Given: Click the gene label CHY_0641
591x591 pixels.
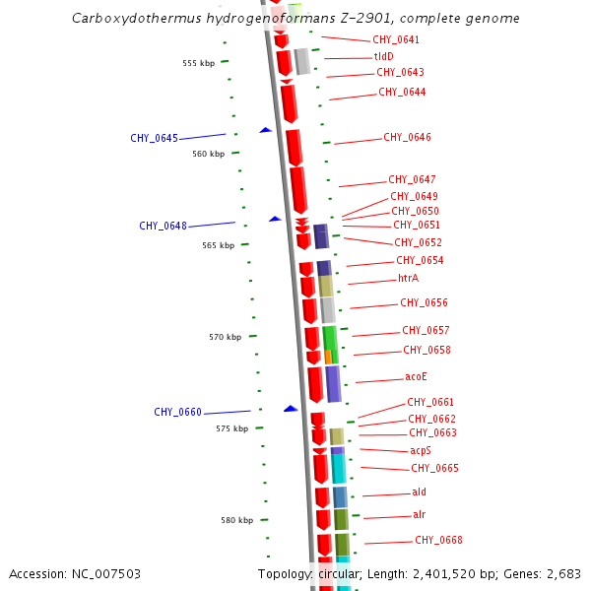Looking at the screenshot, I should click(395, 40).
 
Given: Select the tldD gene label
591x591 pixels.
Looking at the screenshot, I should click(383, 57).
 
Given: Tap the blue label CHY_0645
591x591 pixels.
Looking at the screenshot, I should click(154, 138).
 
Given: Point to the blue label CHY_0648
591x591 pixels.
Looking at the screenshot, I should click(163, 226).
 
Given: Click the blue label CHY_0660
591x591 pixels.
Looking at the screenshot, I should click(177, 412).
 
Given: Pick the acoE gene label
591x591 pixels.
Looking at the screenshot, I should click(416, 377).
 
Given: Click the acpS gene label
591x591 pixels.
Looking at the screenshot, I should click(421, 450).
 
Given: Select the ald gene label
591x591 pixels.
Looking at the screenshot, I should click(419, 492).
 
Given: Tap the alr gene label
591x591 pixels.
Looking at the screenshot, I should click(419, 515).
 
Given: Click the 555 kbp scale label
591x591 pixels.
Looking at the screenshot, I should click(198, 63).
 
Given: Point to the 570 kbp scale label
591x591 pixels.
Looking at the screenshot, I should click(225, 337).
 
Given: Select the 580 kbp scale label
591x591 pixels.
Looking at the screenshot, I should click(236, 520).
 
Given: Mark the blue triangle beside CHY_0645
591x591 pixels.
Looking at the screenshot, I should click(265, 130).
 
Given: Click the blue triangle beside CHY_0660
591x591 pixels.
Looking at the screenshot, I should click(291, 408).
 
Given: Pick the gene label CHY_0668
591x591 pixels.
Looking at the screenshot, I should click(438, 540).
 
